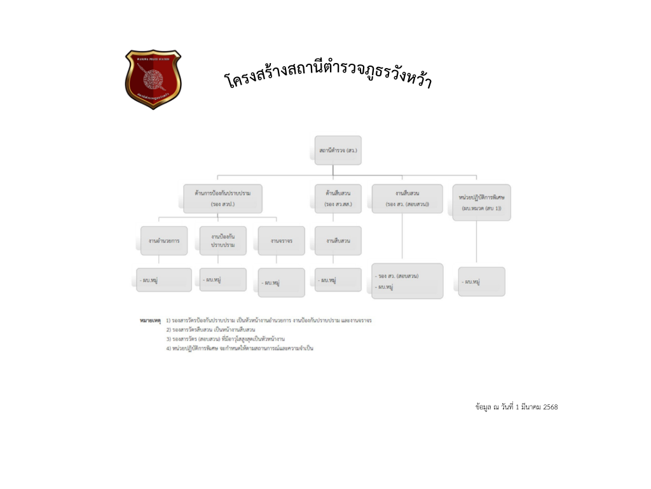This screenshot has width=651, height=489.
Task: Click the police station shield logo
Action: click(x=153, y=79)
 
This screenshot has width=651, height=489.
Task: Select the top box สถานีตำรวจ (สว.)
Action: click(x=338, y=150)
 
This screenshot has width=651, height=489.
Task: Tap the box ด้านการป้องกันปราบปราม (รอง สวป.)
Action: click(x=223, y=198)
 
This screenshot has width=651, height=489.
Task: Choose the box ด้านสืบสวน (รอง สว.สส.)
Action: click(x=338, y=198)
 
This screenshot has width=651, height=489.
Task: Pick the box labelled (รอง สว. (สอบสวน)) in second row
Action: click(x=407, y=198)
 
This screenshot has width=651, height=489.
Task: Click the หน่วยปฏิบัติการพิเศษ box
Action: click(x=481, y=202)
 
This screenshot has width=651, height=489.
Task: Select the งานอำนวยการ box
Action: click(x=164, y=241)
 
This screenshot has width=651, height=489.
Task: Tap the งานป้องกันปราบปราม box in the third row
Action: click(x=223, y=241)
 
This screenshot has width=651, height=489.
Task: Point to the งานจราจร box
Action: click(x=281, y=241)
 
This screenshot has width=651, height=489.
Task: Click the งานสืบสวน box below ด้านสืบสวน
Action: click(x=338, y=241)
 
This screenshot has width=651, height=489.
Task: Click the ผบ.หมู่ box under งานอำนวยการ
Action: click(x=164, y=280)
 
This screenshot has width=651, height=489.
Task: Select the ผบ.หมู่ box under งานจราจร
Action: click(x=281, y=282)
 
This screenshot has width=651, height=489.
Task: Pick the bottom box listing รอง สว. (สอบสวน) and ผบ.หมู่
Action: click(x=407, y=281)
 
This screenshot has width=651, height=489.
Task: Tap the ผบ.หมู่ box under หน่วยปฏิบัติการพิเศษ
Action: click(x=481, y=281)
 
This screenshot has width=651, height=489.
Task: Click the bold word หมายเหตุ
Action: click(x=151, y=320)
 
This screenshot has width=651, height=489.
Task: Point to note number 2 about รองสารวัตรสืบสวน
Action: click(x=210, y=330)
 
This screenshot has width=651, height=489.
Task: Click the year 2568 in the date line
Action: click(x=551, y=407)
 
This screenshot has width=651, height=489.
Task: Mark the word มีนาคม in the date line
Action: click(x=532, y=407)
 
